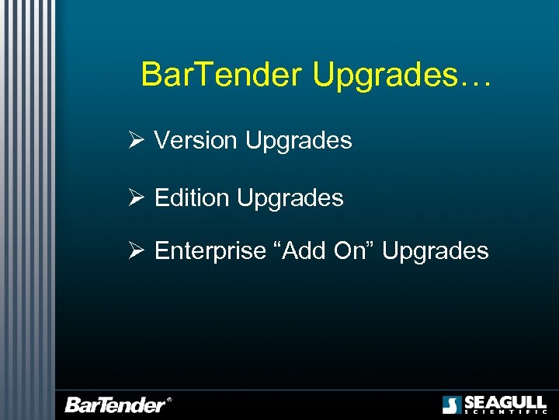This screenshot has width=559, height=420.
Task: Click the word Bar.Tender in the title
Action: click(222, 75)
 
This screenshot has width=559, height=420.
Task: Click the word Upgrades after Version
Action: click(298, 141)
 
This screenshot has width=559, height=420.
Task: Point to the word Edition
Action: click(192, 198)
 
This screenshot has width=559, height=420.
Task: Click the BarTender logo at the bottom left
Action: click(115, 404)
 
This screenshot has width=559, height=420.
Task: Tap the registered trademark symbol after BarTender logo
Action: click(169, 401)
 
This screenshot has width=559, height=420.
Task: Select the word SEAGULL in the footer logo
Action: click(505, 402)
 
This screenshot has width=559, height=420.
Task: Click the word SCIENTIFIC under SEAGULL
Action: click(505, 412)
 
